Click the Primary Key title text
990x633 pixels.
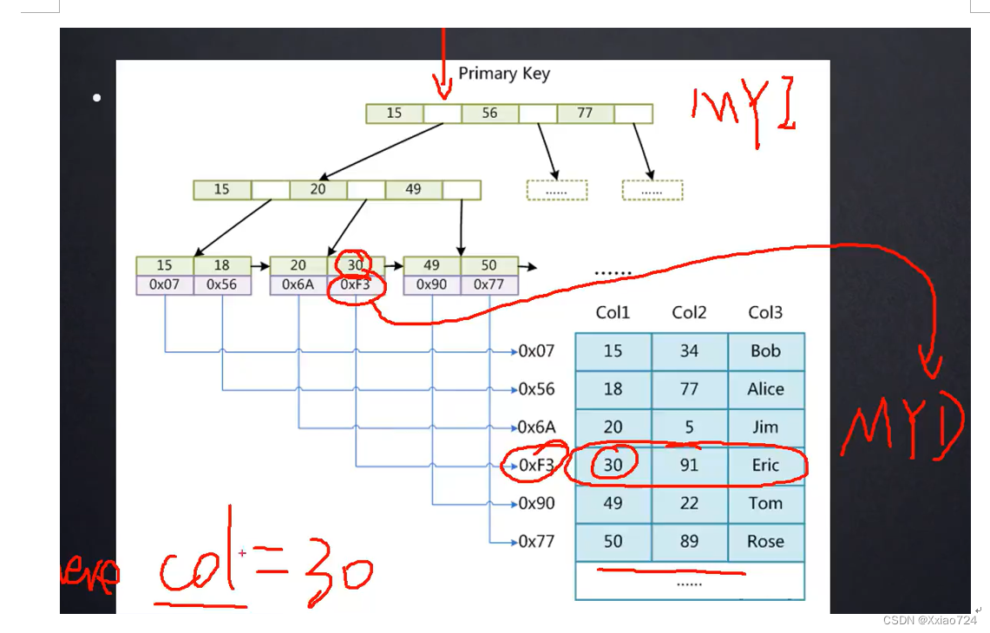(x=504, y=74)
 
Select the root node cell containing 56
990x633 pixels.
(x=489, y=114)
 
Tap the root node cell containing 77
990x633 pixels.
(x=585, y=114)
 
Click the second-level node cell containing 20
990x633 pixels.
(x=318, y=189)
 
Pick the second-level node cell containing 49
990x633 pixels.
(x=413, y=189)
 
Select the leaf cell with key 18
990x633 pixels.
(x=222, y=265)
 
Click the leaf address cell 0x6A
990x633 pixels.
(x=298, y=284)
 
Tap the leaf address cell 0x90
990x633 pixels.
(x=432, y=284)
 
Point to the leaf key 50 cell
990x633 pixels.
(x=489, y=265)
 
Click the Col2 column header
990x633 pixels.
(x=689, y=312)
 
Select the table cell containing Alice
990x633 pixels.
(x=765, y=389)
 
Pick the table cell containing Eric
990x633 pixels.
(x=765, y=466)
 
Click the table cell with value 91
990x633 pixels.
(x=689, y=466)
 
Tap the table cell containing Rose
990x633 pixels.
(x=765, y=542)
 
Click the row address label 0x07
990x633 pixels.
(x=536, y=351)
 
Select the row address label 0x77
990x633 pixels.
(x=536, y=542)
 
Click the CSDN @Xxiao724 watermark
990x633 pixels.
(x=929, y=620)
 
